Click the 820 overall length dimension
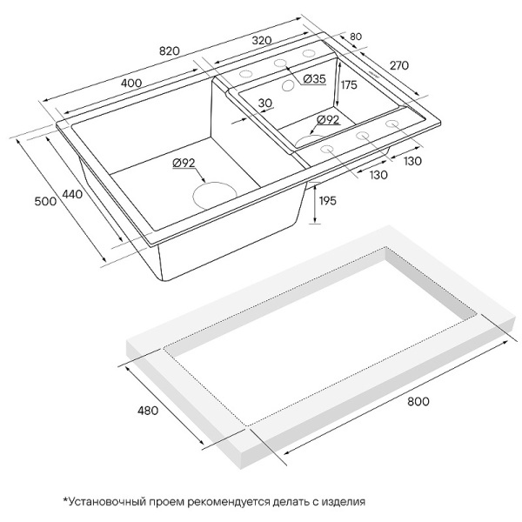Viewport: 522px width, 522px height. coord(170,51)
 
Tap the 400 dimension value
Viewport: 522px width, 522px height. coord(131,83)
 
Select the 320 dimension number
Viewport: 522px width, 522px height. coord(262,41)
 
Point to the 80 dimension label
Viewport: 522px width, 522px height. coord(356,37)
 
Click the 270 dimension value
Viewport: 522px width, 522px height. coord(398,65)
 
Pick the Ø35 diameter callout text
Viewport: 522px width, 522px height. coord(314,79)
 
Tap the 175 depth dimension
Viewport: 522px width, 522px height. coord(349,85)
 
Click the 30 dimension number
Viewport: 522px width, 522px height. coord(265,103)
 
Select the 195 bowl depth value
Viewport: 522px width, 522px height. coord(328,201)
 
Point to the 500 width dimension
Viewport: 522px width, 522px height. coord(45,201)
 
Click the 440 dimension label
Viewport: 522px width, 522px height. coord(72,194)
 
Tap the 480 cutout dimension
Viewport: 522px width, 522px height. coord(148,411)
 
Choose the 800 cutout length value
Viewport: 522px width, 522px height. coord(418,401)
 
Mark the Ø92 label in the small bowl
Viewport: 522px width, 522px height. coord(328,120)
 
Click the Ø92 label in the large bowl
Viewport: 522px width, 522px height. coord(184,164)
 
